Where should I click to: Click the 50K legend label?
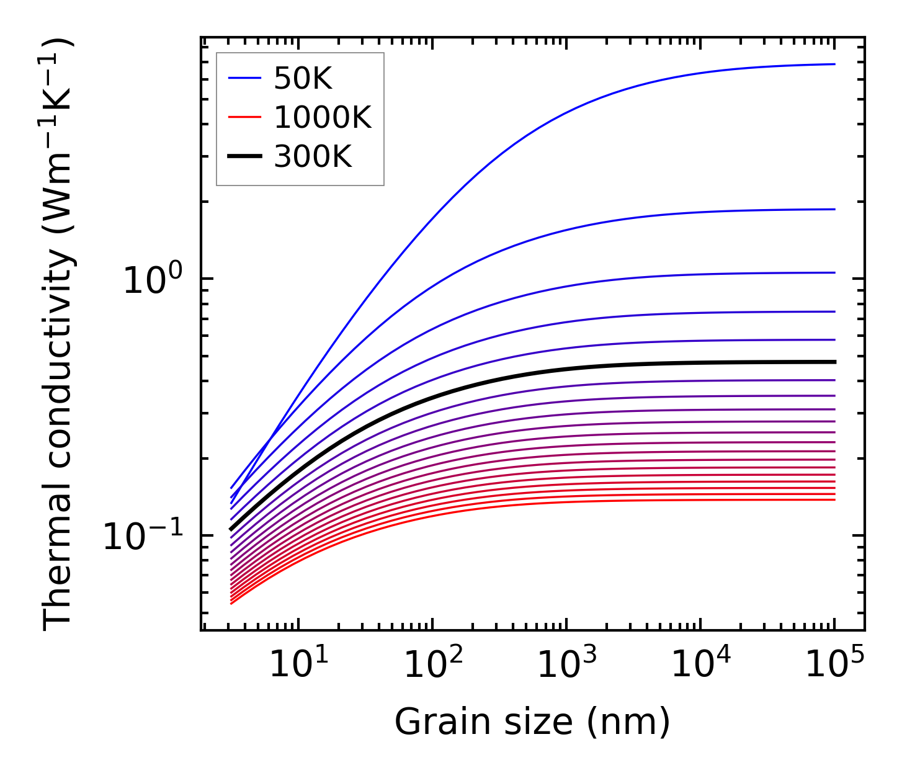(x=303, y=79)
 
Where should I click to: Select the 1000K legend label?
(x=322, y=118)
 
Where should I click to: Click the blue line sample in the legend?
(x=244, y=79)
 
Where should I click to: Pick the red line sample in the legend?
(x=244, y=118)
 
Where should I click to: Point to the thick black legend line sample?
(x=244, y=157)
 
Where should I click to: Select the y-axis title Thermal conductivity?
(x=59, y=334)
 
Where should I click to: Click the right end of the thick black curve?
(x=834, y=362)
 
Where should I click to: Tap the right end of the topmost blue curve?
(x=834, y=64)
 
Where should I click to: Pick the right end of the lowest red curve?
(x=834, y=500)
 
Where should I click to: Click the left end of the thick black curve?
(x=231, y=529)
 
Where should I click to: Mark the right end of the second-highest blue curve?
(x=834, y=209)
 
